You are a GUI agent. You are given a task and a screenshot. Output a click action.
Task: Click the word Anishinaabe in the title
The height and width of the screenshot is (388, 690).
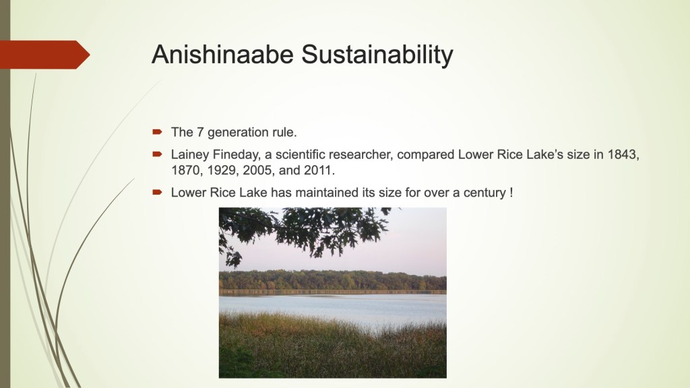222,55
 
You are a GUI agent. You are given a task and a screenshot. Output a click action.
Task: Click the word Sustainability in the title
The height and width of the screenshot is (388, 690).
377,55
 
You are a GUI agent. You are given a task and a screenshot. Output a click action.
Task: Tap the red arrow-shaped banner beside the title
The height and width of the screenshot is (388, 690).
45,55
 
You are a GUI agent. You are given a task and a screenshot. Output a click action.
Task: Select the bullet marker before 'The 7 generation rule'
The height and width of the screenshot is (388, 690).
157,131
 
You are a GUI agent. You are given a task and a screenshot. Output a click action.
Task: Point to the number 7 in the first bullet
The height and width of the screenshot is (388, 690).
199,132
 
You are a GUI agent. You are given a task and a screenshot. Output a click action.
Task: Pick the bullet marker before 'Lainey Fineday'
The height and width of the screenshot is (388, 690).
157,154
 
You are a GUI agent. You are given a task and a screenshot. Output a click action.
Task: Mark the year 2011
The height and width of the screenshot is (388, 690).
319,170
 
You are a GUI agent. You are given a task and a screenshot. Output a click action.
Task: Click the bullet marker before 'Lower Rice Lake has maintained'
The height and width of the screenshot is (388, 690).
157,192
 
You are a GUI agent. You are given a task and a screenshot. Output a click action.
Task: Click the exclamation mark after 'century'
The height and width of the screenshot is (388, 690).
511,192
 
